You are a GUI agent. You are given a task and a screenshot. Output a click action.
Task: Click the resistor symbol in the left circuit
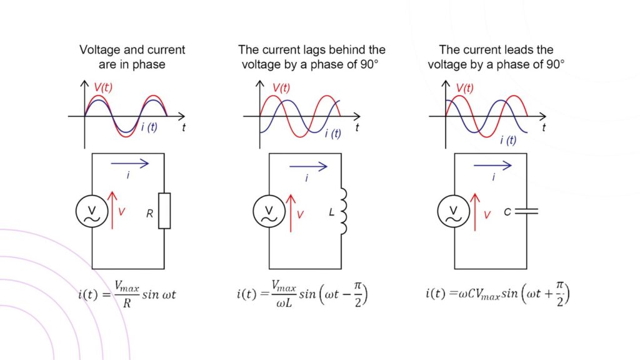[164, 211]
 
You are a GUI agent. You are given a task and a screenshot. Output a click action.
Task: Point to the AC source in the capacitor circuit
[454, 211]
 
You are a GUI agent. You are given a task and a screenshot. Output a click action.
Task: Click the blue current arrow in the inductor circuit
[309, 167]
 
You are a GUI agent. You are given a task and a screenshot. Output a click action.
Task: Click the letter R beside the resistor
[149, 212]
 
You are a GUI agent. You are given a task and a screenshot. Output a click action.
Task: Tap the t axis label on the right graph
[544, 127]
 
